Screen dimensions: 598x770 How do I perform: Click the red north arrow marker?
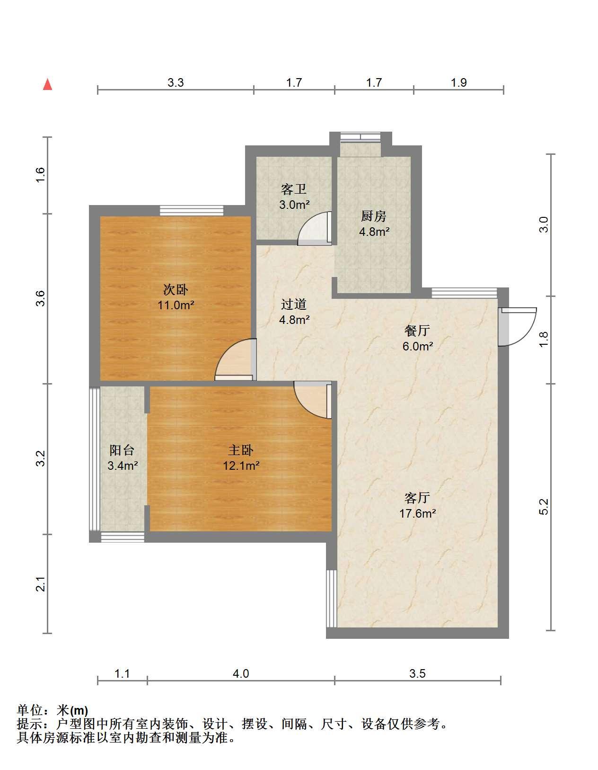point(47,85)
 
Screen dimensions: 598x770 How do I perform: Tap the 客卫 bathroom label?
point(293,189)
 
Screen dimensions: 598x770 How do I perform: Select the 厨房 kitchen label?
point(373,216)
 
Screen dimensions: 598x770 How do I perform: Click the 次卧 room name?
point(176,289)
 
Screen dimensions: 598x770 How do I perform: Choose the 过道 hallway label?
point(294,304)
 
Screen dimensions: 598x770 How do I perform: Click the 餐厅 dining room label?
point(417,331)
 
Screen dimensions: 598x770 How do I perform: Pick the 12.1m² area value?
point(241,465)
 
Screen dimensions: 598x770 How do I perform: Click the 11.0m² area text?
point(176,305)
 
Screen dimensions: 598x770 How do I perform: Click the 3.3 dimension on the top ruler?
point(176,82)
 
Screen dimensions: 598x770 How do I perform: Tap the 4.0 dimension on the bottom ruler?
point(241,673)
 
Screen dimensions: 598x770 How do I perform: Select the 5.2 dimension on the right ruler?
point(544,506)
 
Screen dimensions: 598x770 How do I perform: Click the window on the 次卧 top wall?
point(192,210)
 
